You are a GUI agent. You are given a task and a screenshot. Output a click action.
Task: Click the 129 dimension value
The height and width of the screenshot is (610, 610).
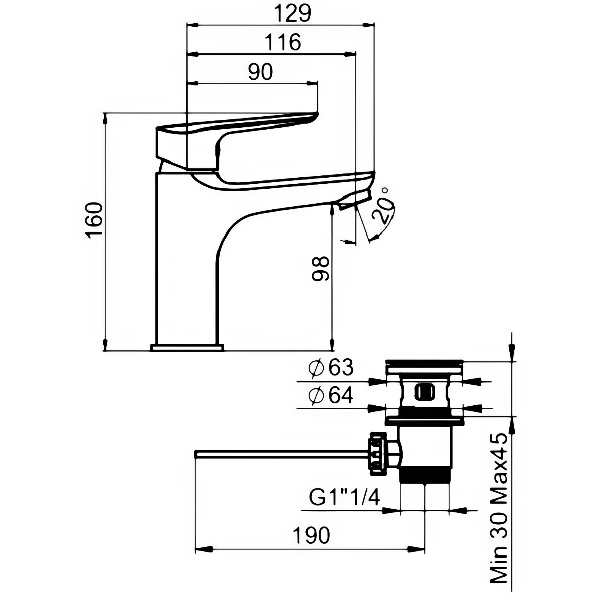click(x=293, y=13)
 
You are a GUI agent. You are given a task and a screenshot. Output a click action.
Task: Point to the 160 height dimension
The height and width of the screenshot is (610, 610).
click(x=95, y=220)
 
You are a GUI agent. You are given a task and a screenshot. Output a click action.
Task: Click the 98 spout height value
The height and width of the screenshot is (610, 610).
click(x=320, y=269)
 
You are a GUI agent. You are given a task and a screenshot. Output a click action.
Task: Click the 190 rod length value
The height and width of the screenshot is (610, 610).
click(x=311, y=535)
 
